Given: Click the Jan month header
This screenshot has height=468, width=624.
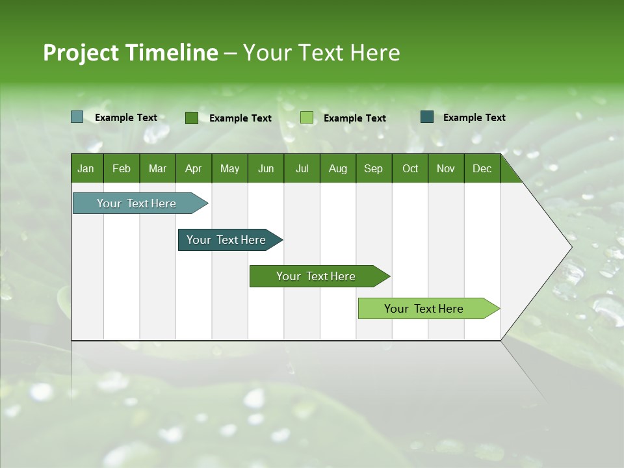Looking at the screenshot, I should point(86,168).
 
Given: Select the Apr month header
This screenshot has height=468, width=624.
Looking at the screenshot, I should point(193,168).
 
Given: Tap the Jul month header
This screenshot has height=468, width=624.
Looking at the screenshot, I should point(302,168).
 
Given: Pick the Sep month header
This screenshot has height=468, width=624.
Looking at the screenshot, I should point(373,168).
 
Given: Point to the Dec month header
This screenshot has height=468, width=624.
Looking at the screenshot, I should point(482,168).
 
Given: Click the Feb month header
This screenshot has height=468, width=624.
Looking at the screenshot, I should point(122,168).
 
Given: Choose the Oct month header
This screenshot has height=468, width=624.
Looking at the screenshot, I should point(410,168).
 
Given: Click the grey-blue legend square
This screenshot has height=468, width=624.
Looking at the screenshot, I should point(77,117).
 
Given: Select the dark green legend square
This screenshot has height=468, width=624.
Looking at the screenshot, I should point(192,118).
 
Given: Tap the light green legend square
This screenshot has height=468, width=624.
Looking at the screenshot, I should point(307,118).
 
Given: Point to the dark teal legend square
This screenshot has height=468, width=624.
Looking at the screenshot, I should point(427,117).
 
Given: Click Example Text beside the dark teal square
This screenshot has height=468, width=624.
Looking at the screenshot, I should point(474,118).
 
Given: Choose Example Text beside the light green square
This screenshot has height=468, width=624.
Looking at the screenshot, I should point(355,118).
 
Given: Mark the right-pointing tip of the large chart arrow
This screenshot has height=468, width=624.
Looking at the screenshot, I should point(571,246).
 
